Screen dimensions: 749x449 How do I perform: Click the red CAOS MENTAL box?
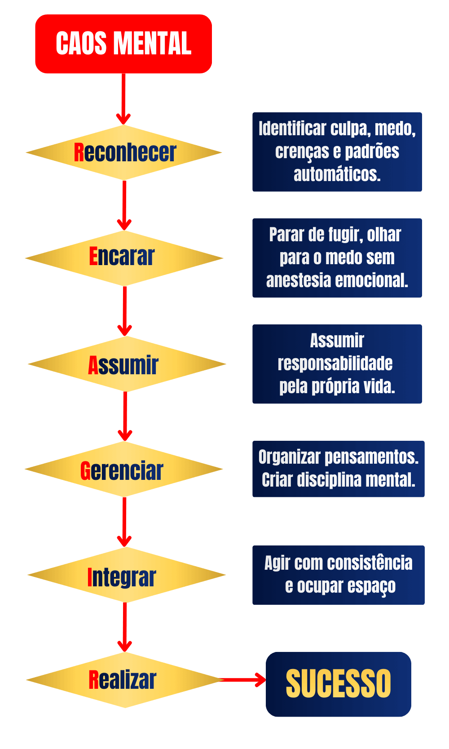tap(123, 44)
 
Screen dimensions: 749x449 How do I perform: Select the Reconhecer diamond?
tap(124, 153)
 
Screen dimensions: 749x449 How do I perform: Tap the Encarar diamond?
tap(124, 258)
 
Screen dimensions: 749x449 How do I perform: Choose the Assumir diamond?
tap(126, 364)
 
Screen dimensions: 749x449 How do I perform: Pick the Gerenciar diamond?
tap(124, 470)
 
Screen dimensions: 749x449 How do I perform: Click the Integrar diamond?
tap(126, 576)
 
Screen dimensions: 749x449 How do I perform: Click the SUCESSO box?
tap(339, 684)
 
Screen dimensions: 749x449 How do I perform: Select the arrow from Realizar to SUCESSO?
tap(245, 680)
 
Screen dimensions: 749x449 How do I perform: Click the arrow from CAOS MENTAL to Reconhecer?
tap(123, 99)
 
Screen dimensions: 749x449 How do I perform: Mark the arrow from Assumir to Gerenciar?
tap(125, 416)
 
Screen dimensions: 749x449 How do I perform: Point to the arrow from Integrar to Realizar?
tap(124, 627)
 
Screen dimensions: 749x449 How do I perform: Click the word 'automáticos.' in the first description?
tap(337, 174)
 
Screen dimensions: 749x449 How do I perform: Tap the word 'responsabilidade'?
tap(335, 363)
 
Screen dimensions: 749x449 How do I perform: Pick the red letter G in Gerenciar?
tap(85, 471)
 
